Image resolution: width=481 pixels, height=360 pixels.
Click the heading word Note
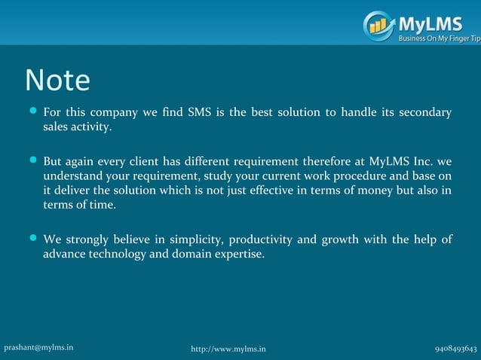57,81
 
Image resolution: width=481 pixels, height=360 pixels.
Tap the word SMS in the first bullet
200,113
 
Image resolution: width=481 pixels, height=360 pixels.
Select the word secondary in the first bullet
425,113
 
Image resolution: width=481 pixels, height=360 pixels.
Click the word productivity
263,239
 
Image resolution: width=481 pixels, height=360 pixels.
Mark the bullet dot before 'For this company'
32,112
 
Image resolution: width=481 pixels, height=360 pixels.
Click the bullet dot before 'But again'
32,160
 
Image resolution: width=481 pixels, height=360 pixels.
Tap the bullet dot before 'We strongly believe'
32,239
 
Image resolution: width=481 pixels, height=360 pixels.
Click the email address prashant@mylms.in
38,347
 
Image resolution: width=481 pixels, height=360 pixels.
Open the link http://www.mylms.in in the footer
228,349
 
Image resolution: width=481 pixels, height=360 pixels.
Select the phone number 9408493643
455,348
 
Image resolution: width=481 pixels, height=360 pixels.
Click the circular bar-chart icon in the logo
378,25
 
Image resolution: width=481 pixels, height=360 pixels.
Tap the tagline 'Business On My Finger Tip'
439,38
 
